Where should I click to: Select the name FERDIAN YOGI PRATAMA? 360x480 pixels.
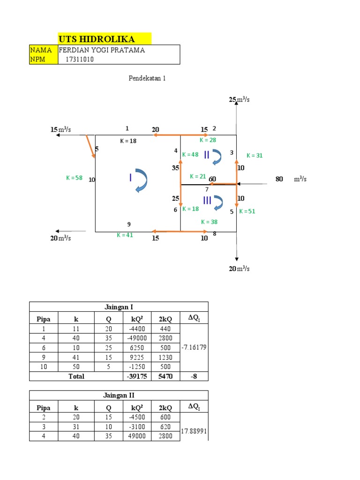coord(101,50)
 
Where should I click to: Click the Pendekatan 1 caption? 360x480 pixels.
coord(148,78)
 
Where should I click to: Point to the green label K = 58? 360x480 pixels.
coord(74,178)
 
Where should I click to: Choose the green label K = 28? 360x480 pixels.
coord(208,140)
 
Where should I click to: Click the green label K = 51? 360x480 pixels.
coord(247,211)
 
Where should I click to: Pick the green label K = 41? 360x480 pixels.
coord(125,235)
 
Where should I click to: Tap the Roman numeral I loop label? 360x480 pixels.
coord(130,177)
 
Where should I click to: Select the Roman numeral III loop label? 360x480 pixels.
coord(208,200)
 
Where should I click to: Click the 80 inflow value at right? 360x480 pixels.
coord(279,179)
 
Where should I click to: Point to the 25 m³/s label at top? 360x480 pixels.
coord(239,100)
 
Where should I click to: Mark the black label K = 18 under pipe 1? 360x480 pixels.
coord(127,141)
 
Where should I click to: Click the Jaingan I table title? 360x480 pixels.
coord(119,307)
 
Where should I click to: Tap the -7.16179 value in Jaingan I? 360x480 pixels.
coord(194,348)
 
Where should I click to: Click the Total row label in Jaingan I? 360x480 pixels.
coord(76,376)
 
